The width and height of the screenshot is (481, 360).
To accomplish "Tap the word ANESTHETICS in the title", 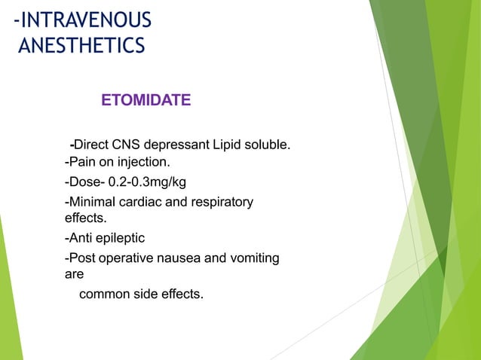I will tap(81, 46).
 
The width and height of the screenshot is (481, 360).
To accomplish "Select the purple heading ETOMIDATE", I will tap(146, 99).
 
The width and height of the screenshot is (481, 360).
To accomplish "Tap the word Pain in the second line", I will tap(83, 161).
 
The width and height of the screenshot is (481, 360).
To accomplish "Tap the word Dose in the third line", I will tap(84, 182).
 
